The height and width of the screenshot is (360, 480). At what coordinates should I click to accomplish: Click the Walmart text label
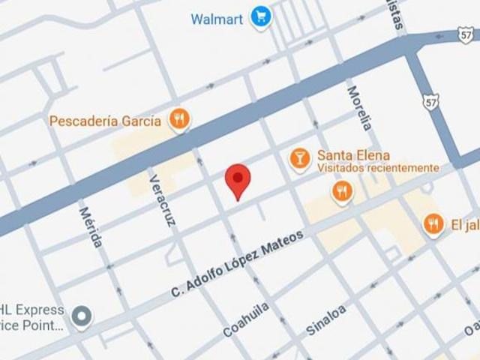(217, 19)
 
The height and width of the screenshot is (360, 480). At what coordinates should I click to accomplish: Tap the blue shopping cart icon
(261, 16)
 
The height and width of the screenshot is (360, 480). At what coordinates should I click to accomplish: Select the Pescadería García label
(105, 120)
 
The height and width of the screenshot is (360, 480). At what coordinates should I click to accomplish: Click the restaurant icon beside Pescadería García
(178, 118)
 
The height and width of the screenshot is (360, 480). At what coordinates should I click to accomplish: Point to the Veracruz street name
(162, 200)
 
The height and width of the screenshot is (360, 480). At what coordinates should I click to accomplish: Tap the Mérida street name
(90, 226)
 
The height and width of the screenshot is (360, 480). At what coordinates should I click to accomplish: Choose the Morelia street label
(359, 108)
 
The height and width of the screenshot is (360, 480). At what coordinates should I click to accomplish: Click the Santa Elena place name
(352, 155)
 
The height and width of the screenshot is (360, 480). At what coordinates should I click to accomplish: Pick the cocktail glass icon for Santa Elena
(299, 157)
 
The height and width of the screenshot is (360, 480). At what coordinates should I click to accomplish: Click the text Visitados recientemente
(377, 168)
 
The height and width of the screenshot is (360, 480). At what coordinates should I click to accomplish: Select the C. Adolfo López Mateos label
(237, 263)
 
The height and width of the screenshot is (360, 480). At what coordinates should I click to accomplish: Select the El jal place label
(465, 223)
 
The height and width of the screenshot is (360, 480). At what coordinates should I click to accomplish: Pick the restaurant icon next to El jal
(433, 223)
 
